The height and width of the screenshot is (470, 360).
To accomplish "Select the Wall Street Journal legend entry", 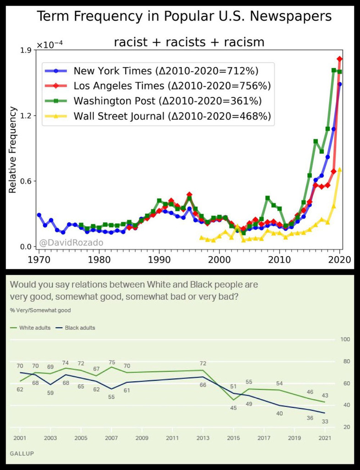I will (x=172, y=116).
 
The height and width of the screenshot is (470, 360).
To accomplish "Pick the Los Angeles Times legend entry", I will (x=172, y=86).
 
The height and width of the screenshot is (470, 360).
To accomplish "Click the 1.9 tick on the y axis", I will (x=23, y=50).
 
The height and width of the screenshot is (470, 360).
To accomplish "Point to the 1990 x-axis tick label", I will (x=159, y=259).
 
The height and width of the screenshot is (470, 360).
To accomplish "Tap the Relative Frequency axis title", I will (x=13, y=150).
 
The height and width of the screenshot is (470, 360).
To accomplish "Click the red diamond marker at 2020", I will (x=340, y=59).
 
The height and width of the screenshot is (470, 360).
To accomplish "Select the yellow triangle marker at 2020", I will (x=340, y=170).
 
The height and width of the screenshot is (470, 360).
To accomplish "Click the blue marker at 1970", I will (x=39, y=215).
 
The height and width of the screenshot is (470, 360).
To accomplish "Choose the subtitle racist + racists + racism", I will (x=189, y=43).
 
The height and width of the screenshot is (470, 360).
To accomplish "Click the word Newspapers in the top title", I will (x=284, y=17).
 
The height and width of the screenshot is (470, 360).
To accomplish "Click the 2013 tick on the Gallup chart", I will (x=203, y=438).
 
